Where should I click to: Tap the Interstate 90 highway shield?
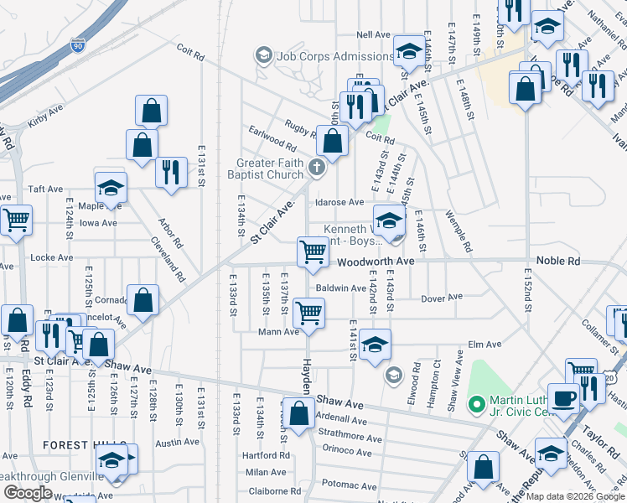point(79,44)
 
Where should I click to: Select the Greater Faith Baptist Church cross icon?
point(317,167)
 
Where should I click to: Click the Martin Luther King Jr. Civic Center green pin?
point(476,407)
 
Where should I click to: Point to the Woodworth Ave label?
point(376,262)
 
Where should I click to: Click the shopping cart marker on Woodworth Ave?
point(313,251)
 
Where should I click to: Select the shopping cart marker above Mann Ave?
point(308,312)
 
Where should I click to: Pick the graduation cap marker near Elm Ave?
point(376,345)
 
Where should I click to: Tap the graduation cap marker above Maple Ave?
point(110,189)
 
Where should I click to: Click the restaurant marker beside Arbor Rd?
point(171,172)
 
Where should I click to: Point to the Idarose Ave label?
point(339,202)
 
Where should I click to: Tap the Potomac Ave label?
point(343,484)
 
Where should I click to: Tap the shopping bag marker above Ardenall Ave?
point(298,412)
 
